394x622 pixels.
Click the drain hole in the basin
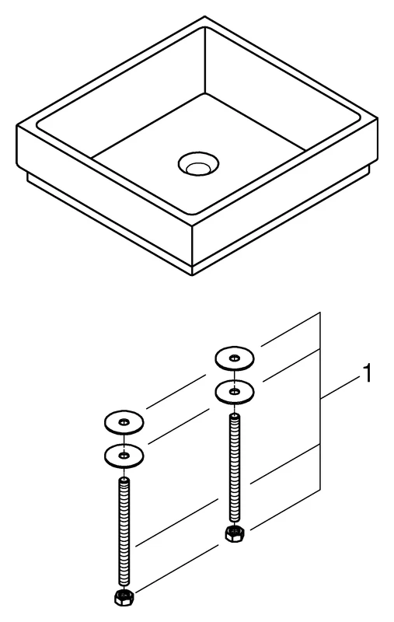197,163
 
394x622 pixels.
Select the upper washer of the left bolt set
124,422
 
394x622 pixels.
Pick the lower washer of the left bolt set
124,454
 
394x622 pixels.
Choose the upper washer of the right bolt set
234,358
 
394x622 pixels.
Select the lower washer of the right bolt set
234,390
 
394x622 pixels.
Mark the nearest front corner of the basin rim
191,225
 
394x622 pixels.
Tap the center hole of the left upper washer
124,422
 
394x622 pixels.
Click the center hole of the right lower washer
234,390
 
